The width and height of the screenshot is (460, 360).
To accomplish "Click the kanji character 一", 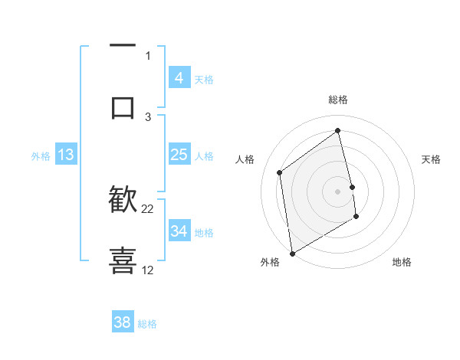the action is point(123,46).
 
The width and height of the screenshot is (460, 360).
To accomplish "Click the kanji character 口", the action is point(123,106).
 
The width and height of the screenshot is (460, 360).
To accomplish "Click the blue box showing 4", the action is point(179,78).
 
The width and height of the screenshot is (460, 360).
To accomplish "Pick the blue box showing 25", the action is point(179,155).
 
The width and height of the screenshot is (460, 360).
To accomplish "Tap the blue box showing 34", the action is point(179,231).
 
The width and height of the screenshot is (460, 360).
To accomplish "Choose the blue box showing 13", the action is point(65,155).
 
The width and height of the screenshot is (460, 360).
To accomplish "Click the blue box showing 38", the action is point(122,322).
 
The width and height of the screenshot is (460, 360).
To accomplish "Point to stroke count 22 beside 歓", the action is point(148,208).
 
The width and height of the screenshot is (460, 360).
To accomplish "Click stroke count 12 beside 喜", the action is point(148,270).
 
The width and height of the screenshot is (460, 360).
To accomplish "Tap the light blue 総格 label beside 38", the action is point(147,323).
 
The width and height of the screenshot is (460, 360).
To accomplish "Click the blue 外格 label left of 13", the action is point(41,155).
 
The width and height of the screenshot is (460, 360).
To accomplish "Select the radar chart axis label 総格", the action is point(338,100).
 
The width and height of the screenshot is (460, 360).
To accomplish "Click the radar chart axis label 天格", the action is point(432,159).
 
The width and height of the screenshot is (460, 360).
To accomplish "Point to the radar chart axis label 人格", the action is point(245,159).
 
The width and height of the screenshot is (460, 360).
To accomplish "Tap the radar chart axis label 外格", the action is point(269,262).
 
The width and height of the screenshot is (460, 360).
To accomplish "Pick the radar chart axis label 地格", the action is point(402,262).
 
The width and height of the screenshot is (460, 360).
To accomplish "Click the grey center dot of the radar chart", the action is point(338,191).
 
